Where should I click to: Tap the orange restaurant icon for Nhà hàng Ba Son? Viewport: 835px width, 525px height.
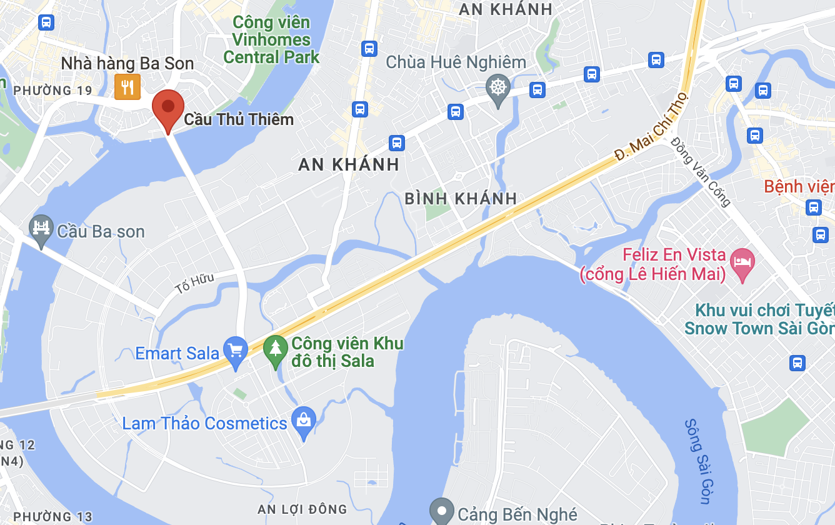click(127, 87)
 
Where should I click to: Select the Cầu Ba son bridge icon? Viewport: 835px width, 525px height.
click(41, 229)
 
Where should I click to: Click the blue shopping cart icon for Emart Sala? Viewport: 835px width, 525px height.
click(236, 351)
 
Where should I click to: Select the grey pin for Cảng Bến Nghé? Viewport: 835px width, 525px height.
click(442, 511)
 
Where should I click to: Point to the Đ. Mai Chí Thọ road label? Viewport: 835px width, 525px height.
click(651, 128)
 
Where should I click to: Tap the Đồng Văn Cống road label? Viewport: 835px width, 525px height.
click(701, 171)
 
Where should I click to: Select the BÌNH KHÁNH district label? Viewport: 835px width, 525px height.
click(461, 199)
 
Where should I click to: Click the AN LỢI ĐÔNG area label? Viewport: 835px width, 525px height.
click(302, 509)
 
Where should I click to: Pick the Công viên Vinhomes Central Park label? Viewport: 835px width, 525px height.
click(271, 40)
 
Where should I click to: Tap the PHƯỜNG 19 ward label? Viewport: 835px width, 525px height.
click(52, 91)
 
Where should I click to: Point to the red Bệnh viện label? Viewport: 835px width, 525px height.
click(799, 186)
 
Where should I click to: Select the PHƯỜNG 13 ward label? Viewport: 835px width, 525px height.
click(52, 516)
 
